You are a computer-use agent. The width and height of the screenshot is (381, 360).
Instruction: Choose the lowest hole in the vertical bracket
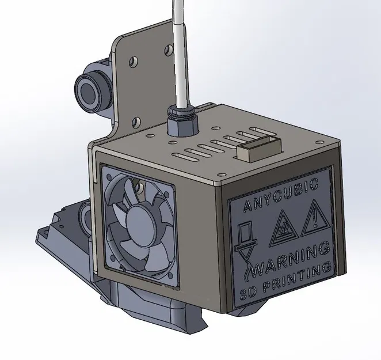[x=136, y=122]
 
